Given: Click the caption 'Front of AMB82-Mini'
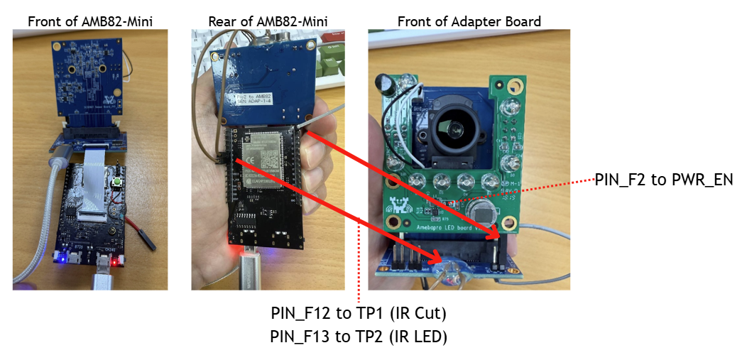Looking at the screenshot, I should tap(89, 21).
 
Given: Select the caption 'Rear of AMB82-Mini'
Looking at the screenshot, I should tap(268, 21).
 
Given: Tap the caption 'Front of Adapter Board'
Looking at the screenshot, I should tap(469, 21).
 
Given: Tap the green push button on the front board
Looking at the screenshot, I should tap(114, 183).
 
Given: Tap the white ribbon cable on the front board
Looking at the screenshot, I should tap(91, 181).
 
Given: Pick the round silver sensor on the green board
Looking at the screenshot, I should tap(482, 212).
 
